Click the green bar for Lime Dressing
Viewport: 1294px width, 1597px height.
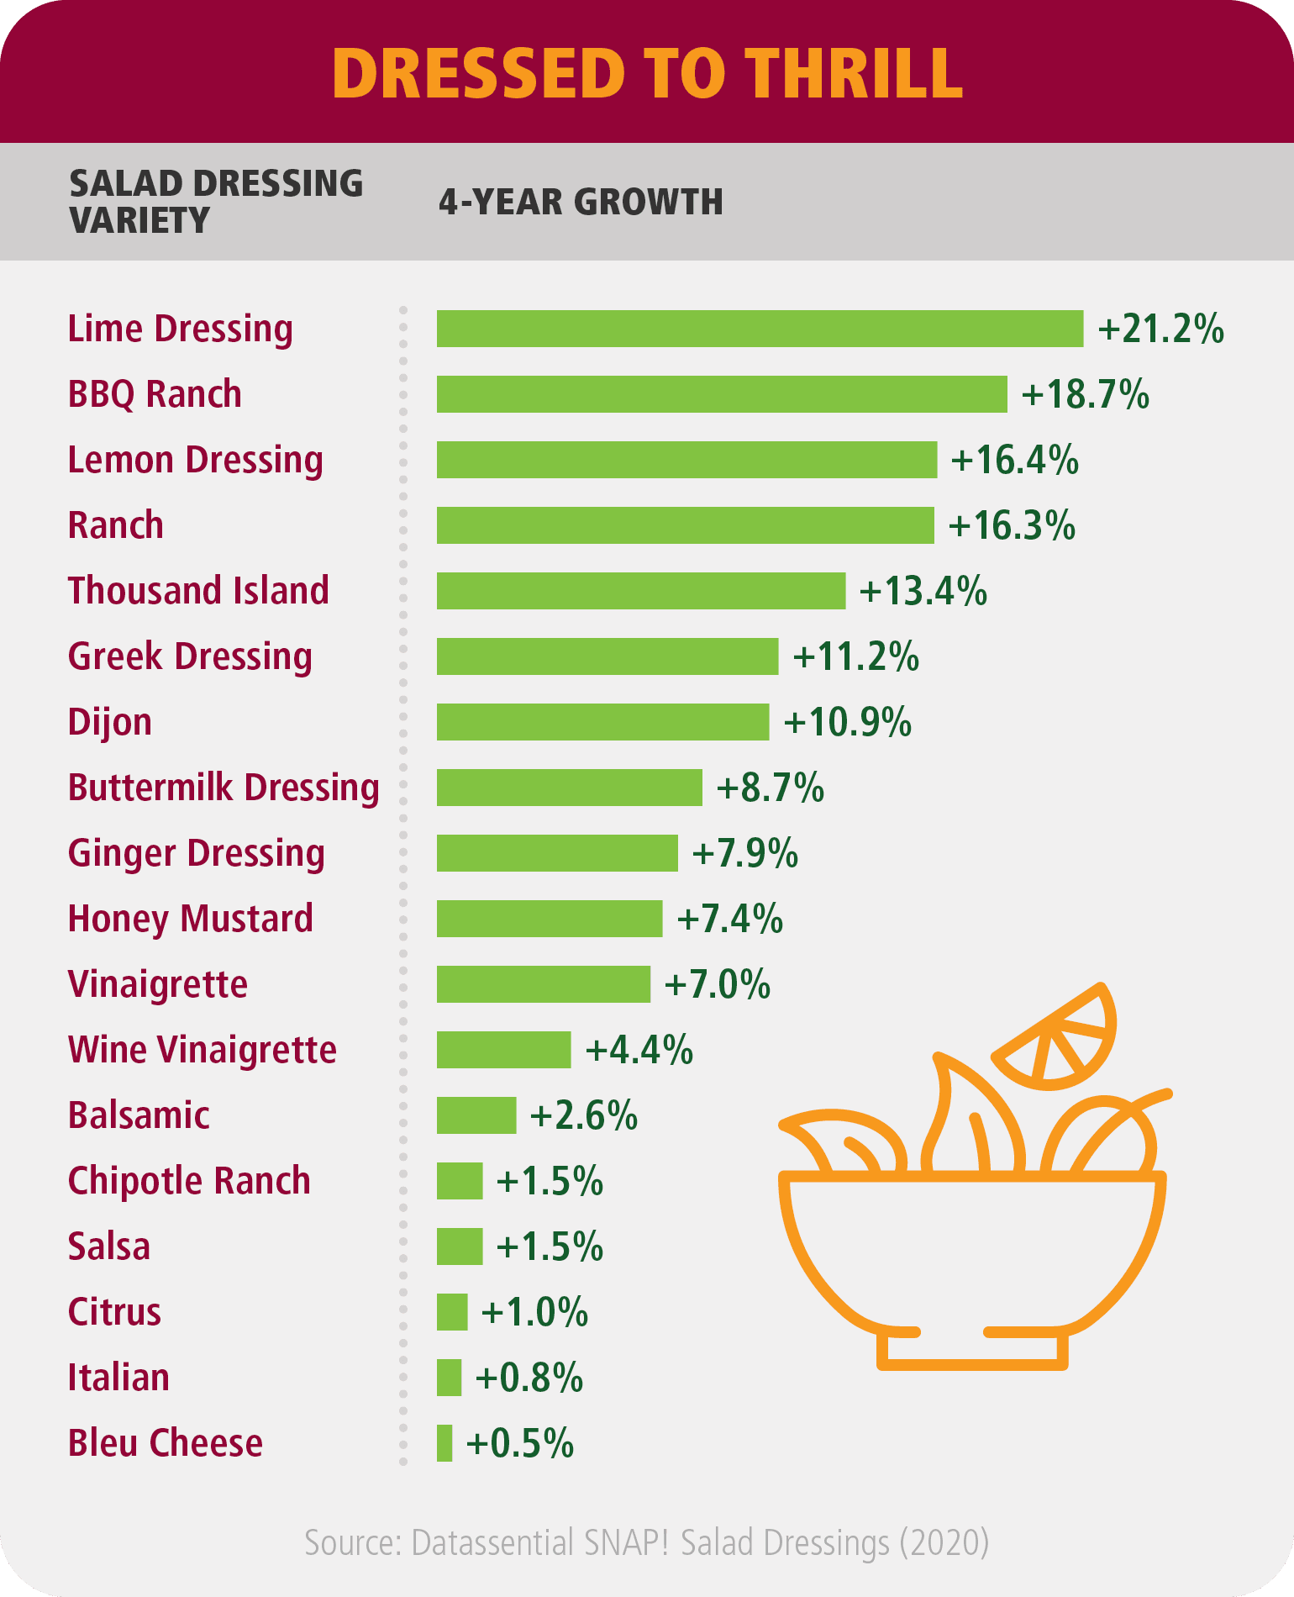point(760,329)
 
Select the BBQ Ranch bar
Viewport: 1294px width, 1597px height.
point(721,394)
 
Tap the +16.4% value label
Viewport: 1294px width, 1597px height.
point(1014,461)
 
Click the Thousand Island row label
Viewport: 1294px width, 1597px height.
point(198,591)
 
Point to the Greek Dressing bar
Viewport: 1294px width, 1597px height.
point(607,656)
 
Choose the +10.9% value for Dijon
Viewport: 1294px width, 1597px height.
point(847,723)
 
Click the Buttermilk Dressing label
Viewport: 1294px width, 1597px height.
point(224,788)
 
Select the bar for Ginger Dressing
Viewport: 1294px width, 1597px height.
point(556,853)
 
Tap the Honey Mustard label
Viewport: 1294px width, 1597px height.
point(191,919)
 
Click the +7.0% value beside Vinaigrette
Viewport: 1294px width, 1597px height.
point(717,985)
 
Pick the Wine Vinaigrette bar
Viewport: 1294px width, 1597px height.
point(503,1050)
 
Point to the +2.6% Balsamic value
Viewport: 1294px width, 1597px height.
point(583,1116)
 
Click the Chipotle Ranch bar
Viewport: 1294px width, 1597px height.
point(460,1181)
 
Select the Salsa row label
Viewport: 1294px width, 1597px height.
point(109,1247)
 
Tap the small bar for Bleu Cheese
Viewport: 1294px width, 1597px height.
point(444,1443)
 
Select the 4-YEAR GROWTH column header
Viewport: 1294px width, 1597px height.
point(581,203)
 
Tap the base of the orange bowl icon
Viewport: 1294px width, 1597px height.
point(972,1349)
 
